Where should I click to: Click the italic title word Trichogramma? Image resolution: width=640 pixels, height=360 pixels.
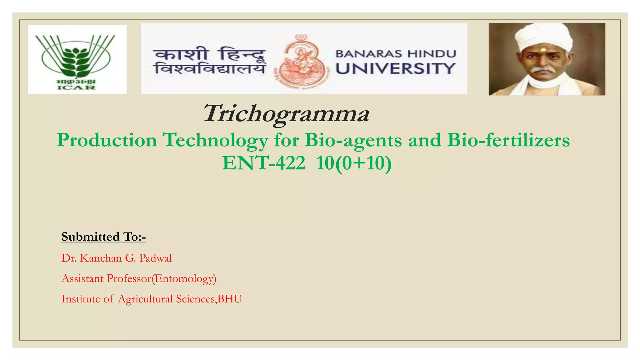tap(286, 113)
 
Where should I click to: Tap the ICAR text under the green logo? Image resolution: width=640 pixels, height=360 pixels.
tap(77, 87)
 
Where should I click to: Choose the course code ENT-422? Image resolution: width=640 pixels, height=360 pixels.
tap(263, 163)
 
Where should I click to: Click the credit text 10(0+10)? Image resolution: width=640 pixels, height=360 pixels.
tap(354, 163)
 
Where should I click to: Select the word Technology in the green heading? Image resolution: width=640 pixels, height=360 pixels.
tap(216, 140)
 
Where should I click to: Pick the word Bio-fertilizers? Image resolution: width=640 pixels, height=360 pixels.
tap(508, 140)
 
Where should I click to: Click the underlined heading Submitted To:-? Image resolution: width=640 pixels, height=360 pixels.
tap(103, 237)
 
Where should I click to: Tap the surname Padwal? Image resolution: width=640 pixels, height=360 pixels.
tap(155, 258)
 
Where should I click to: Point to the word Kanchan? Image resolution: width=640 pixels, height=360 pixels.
tap(101, 258)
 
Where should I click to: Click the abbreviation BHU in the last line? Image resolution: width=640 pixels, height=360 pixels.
tap(230, 299)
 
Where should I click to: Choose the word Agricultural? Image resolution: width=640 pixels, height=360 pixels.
tap(145, 299)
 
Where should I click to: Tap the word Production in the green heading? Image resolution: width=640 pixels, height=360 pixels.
tap(107, 140)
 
